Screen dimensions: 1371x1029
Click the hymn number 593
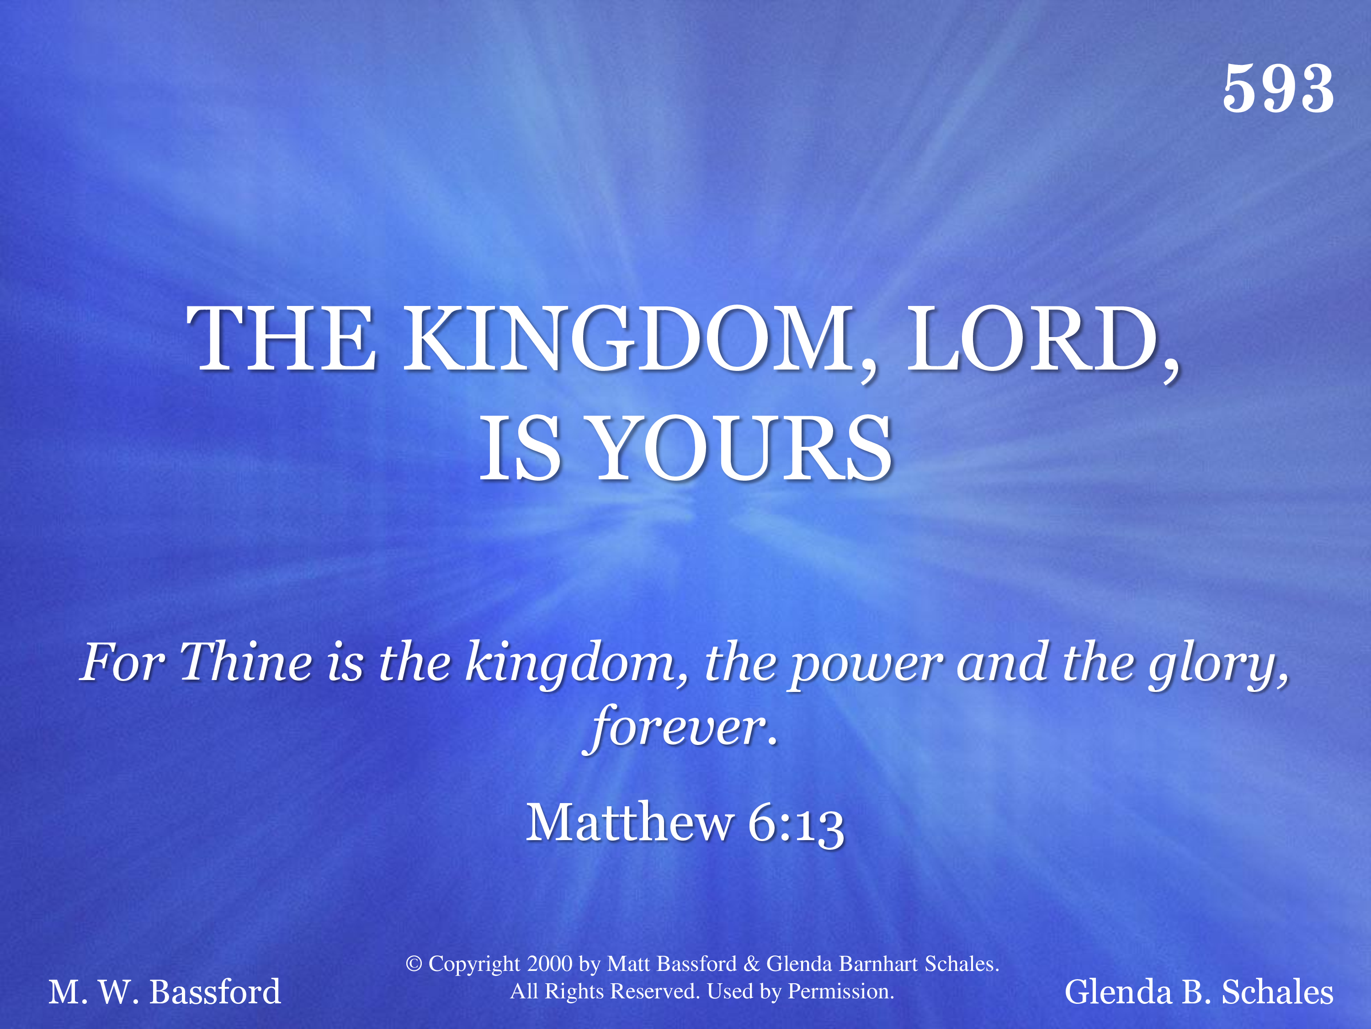1278,89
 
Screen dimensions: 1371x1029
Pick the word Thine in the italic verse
246,662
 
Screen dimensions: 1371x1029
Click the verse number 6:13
796,825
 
